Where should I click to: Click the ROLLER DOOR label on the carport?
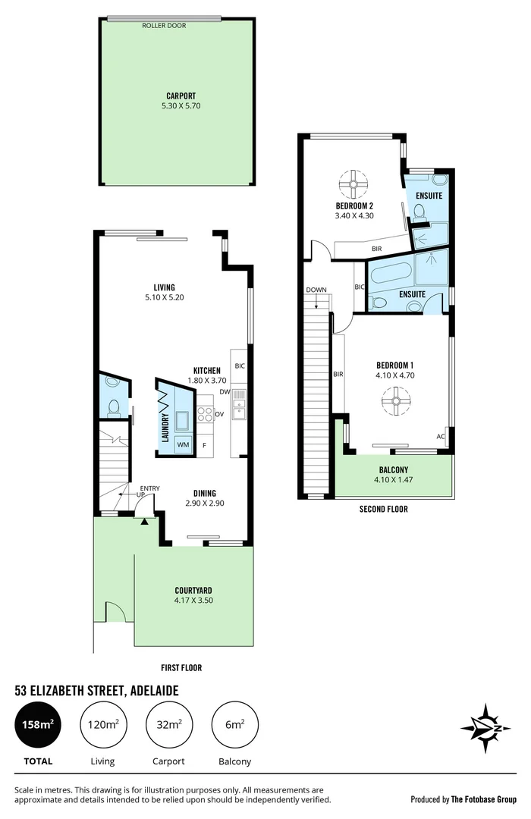[x=164, y=26]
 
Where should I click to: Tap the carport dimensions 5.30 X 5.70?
[x=178, y=106]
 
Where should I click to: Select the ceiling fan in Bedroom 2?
[x=353, y=184]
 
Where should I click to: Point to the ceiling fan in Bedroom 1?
[x=395, y=400]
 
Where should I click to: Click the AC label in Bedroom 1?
[x=441, y=437]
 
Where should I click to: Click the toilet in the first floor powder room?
[x=112, y=406]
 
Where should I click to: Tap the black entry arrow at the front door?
[x=144, y=520]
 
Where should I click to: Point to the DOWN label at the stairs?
[x=316, y=290]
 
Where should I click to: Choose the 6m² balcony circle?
[x=234, y=726]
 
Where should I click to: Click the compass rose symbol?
[x=485, y=728]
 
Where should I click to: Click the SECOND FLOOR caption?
[x=383, y=510]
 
